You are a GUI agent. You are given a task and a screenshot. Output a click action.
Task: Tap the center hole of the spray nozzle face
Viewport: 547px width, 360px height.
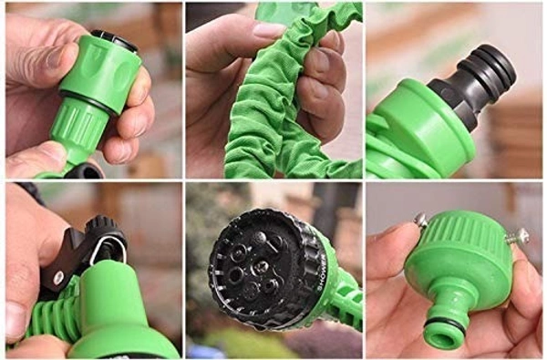click(x=260, y=265)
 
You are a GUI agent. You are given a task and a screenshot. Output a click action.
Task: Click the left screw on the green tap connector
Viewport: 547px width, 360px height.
click(x=421, y=221)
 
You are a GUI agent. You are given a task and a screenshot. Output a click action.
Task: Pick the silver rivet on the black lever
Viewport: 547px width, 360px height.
click(x=59, y=276)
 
